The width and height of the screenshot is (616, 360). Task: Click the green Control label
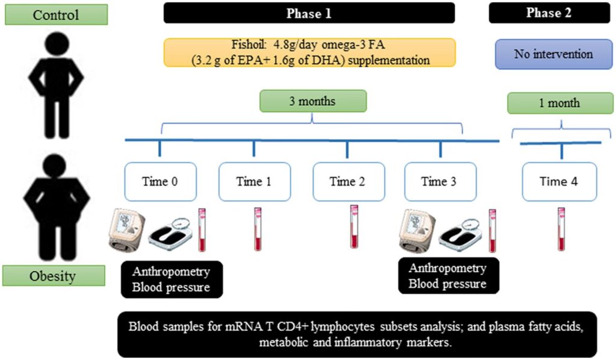[56, 14]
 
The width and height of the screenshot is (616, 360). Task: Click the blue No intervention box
[553, 54]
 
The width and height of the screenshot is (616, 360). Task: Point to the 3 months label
[312, 101]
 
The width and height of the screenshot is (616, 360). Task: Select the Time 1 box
[253, 181]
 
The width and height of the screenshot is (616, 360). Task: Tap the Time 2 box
[347, 181]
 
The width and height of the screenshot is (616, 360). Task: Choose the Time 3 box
[441, 181]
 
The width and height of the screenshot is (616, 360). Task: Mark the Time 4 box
[559, 181]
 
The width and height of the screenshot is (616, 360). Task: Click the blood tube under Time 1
[257, 229]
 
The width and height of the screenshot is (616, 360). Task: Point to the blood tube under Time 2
[354, 226]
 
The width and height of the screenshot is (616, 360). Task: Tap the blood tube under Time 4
[561, 229]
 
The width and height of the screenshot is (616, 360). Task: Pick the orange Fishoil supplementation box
[310, 53]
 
